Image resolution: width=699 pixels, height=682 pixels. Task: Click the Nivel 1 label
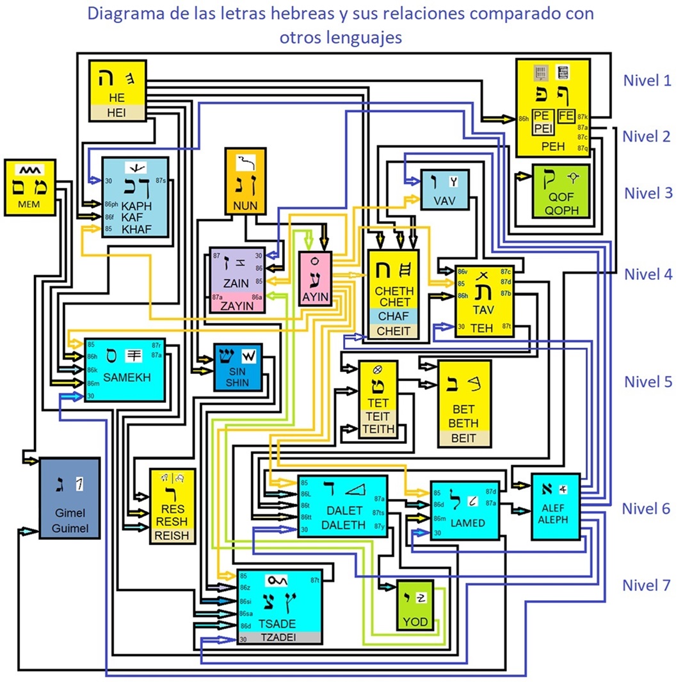648,81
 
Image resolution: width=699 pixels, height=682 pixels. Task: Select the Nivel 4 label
648,275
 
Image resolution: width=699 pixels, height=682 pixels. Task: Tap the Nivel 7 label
647,585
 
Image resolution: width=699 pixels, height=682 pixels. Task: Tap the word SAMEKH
127,377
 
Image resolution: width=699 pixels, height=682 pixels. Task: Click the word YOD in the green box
415,622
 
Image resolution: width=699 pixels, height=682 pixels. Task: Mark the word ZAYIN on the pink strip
236,306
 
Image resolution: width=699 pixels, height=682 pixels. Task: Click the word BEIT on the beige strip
463,439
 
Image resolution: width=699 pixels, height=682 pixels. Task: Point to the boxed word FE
566,116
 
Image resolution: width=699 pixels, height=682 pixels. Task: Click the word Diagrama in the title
120,13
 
